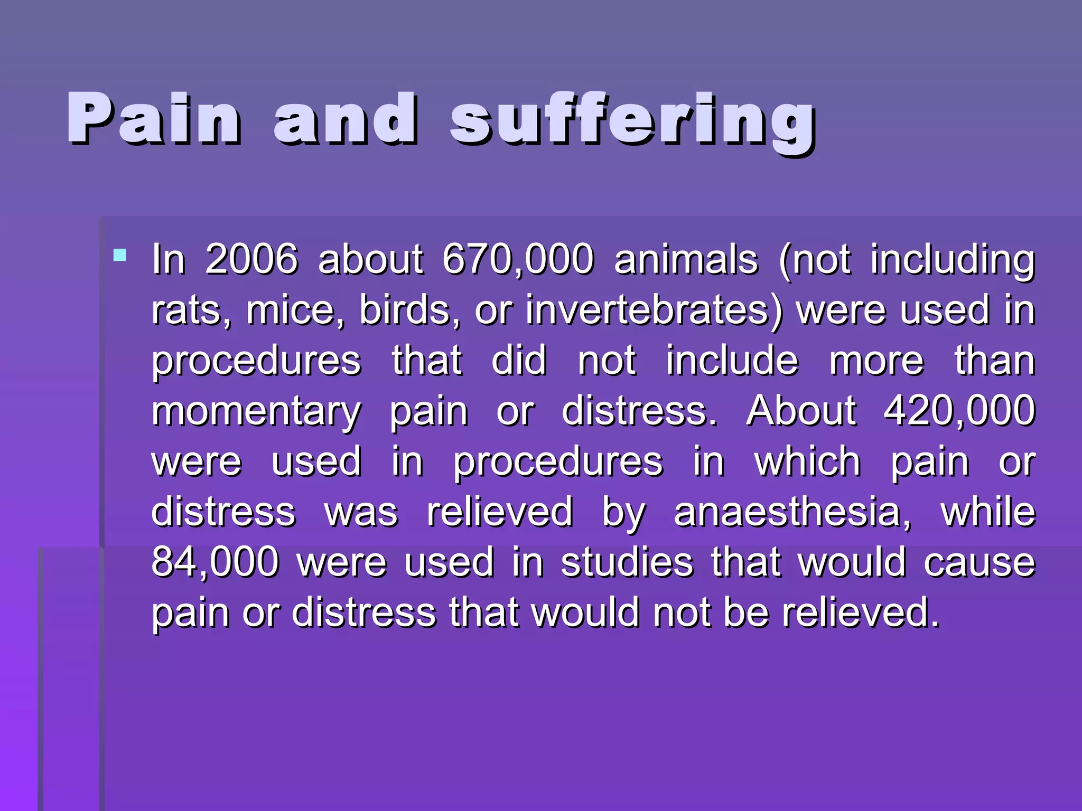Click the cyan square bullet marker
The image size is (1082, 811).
[x=120, y=256]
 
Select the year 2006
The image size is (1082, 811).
[x=251, y=259]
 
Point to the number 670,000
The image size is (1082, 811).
[x=518, y=259]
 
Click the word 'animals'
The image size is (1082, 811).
[x=686, y=259]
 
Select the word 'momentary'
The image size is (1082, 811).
[x=256, y=412]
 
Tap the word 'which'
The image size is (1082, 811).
[x=808, y=461]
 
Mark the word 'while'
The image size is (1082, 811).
[x=988, y=512]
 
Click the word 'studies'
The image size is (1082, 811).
[x=627, y=562]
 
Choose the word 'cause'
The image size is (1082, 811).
[x=980, y=562]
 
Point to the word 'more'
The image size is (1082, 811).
[x=876, y=361]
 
